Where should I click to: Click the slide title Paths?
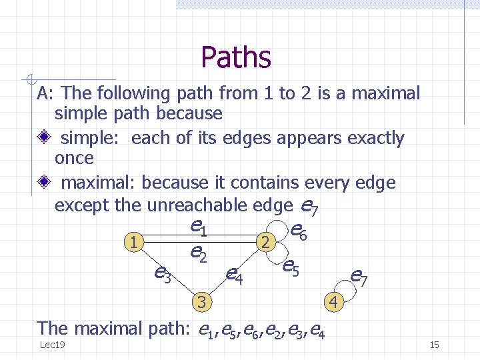pos(236,57)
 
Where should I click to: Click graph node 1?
pos(135,242)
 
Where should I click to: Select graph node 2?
pos(265,243)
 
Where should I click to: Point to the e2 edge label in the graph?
pos(197,252)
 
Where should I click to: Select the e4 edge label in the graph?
pos(233,273)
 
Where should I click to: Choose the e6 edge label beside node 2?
pos(299,231)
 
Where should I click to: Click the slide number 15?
pos(434,345)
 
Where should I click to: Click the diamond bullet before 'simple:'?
pos(44,138)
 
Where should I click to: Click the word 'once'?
pos(74,159)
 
